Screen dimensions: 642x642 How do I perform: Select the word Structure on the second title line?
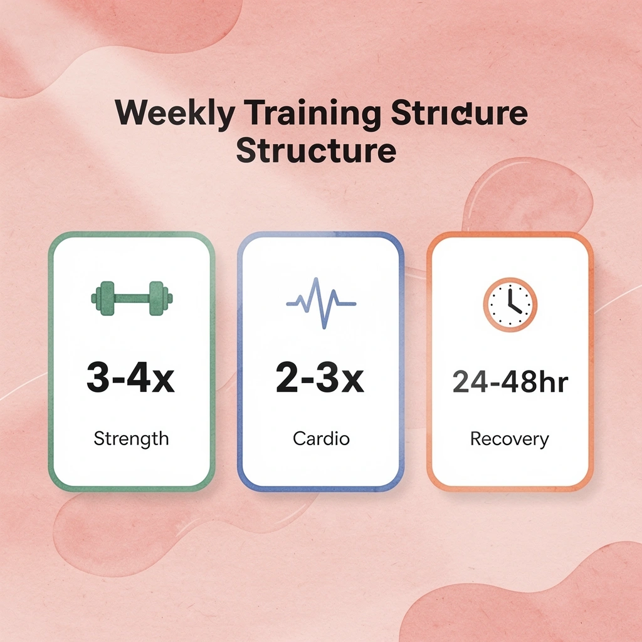coord(316,151)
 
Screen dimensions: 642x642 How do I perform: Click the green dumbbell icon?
coord(132,298)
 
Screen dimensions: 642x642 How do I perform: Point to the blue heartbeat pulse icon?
coord(321,303)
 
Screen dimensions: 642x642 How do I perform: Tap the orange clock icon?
coord(510,305)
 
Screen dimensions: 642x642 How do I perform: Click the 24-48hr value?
coord(510,382)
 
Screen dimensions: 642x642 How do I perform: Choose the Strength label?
coord(131,439)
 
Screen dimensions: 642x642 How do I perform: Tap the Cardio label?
coord(320,439)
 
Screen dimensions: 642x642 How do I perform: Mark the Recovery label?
coord(510,439)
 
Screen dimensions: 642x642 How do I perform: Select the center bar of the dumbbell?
coord(132,298)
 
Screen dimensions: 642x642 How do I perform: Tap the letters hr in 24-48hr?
coord(554,382)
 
